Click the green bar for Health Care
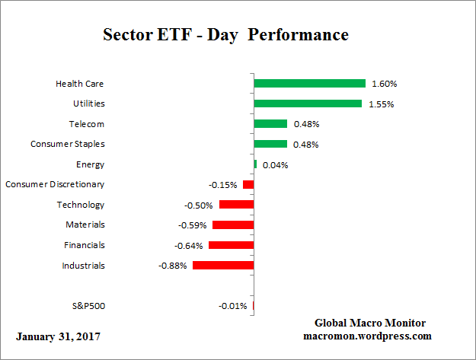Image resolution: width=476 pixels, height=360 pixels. click(309, 83)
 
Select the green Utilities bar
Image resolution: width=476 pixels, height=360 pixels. click(308, 104)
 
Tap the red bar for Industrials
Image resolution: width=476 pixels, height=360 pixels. click(222, 266)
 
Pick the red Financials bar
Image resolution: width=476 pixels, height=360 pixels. click(231, 245)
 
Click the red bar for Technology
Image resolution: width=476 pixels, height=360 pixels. click(236, 205)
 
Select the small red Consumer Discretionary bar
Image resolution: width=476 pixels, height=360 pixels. click(248, 184)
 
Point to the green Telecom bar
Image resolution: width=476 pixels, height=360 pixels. click(270, 123)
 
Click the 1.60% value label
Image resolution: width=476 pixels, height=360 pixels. click(384, 84)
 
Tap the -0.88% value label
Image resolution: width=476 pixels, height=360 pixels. click(172, 266)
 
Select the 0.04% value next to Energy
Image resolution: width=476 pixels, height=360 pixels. click(275, 164)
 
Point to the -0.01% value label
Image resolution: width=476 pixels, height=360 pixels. click(232, 307)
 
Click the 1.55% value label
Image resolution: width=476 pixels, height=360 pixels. click(380, 104)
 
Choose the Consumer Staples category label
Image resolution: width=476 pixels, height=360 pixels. click(67, 144)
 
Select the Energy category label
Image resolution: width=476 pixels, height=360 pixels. click(90, 164)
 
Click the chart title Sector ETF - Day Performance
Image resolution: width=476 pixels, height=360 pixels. click(225, 35)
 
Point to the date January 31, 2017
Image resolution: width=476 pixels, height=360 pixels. click(58, 336)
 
